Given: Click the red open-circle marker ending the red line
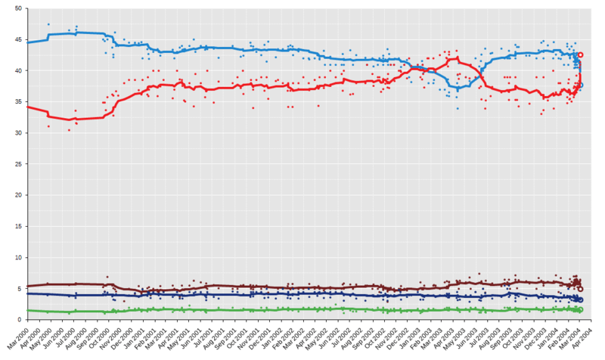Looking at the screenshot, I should [580, 55].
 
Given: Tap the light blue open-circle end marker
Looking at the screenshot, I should [580, 85].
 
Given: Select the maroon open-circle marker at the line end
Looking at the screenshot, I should [580, 289].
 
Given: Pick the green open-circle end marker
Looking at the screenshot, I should [580, 310].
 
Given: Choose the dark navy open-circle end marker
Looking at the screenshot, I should [580, 300].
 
